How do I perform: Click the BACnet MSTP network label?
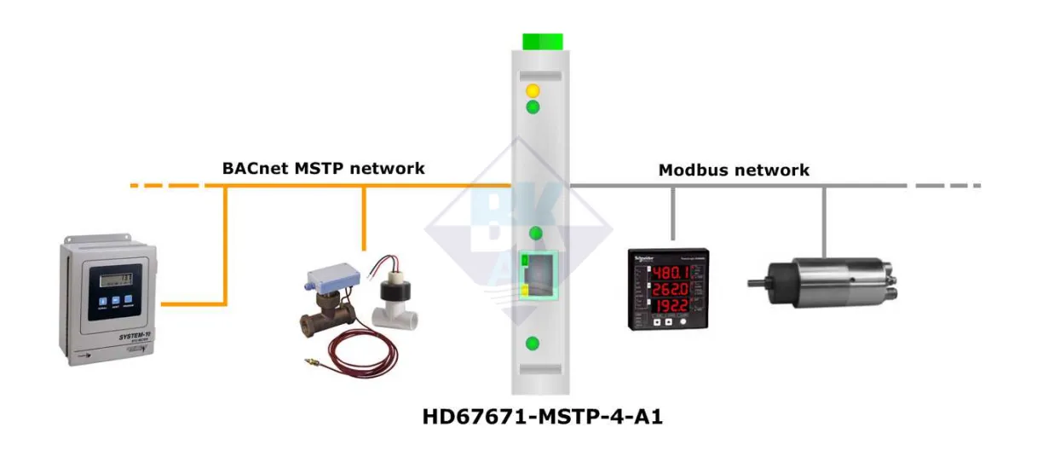point(323,168)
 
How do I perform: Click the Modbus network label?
point(734,170)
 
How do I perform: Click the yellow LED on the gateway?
point(533,90)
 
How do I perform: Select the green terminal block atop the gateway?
point(542,41)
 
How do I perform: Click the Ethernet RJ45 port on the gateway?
point(538,274)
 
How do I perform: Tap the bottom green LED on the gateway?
point(533,344)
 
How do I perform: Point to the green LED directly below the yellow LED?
point(533,107)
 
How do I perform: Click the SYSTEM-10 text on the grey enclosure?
point(112,340)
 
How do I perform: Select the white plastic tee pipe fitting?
point(396,312)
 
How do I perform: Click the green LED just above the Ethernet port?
point(536,234)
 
